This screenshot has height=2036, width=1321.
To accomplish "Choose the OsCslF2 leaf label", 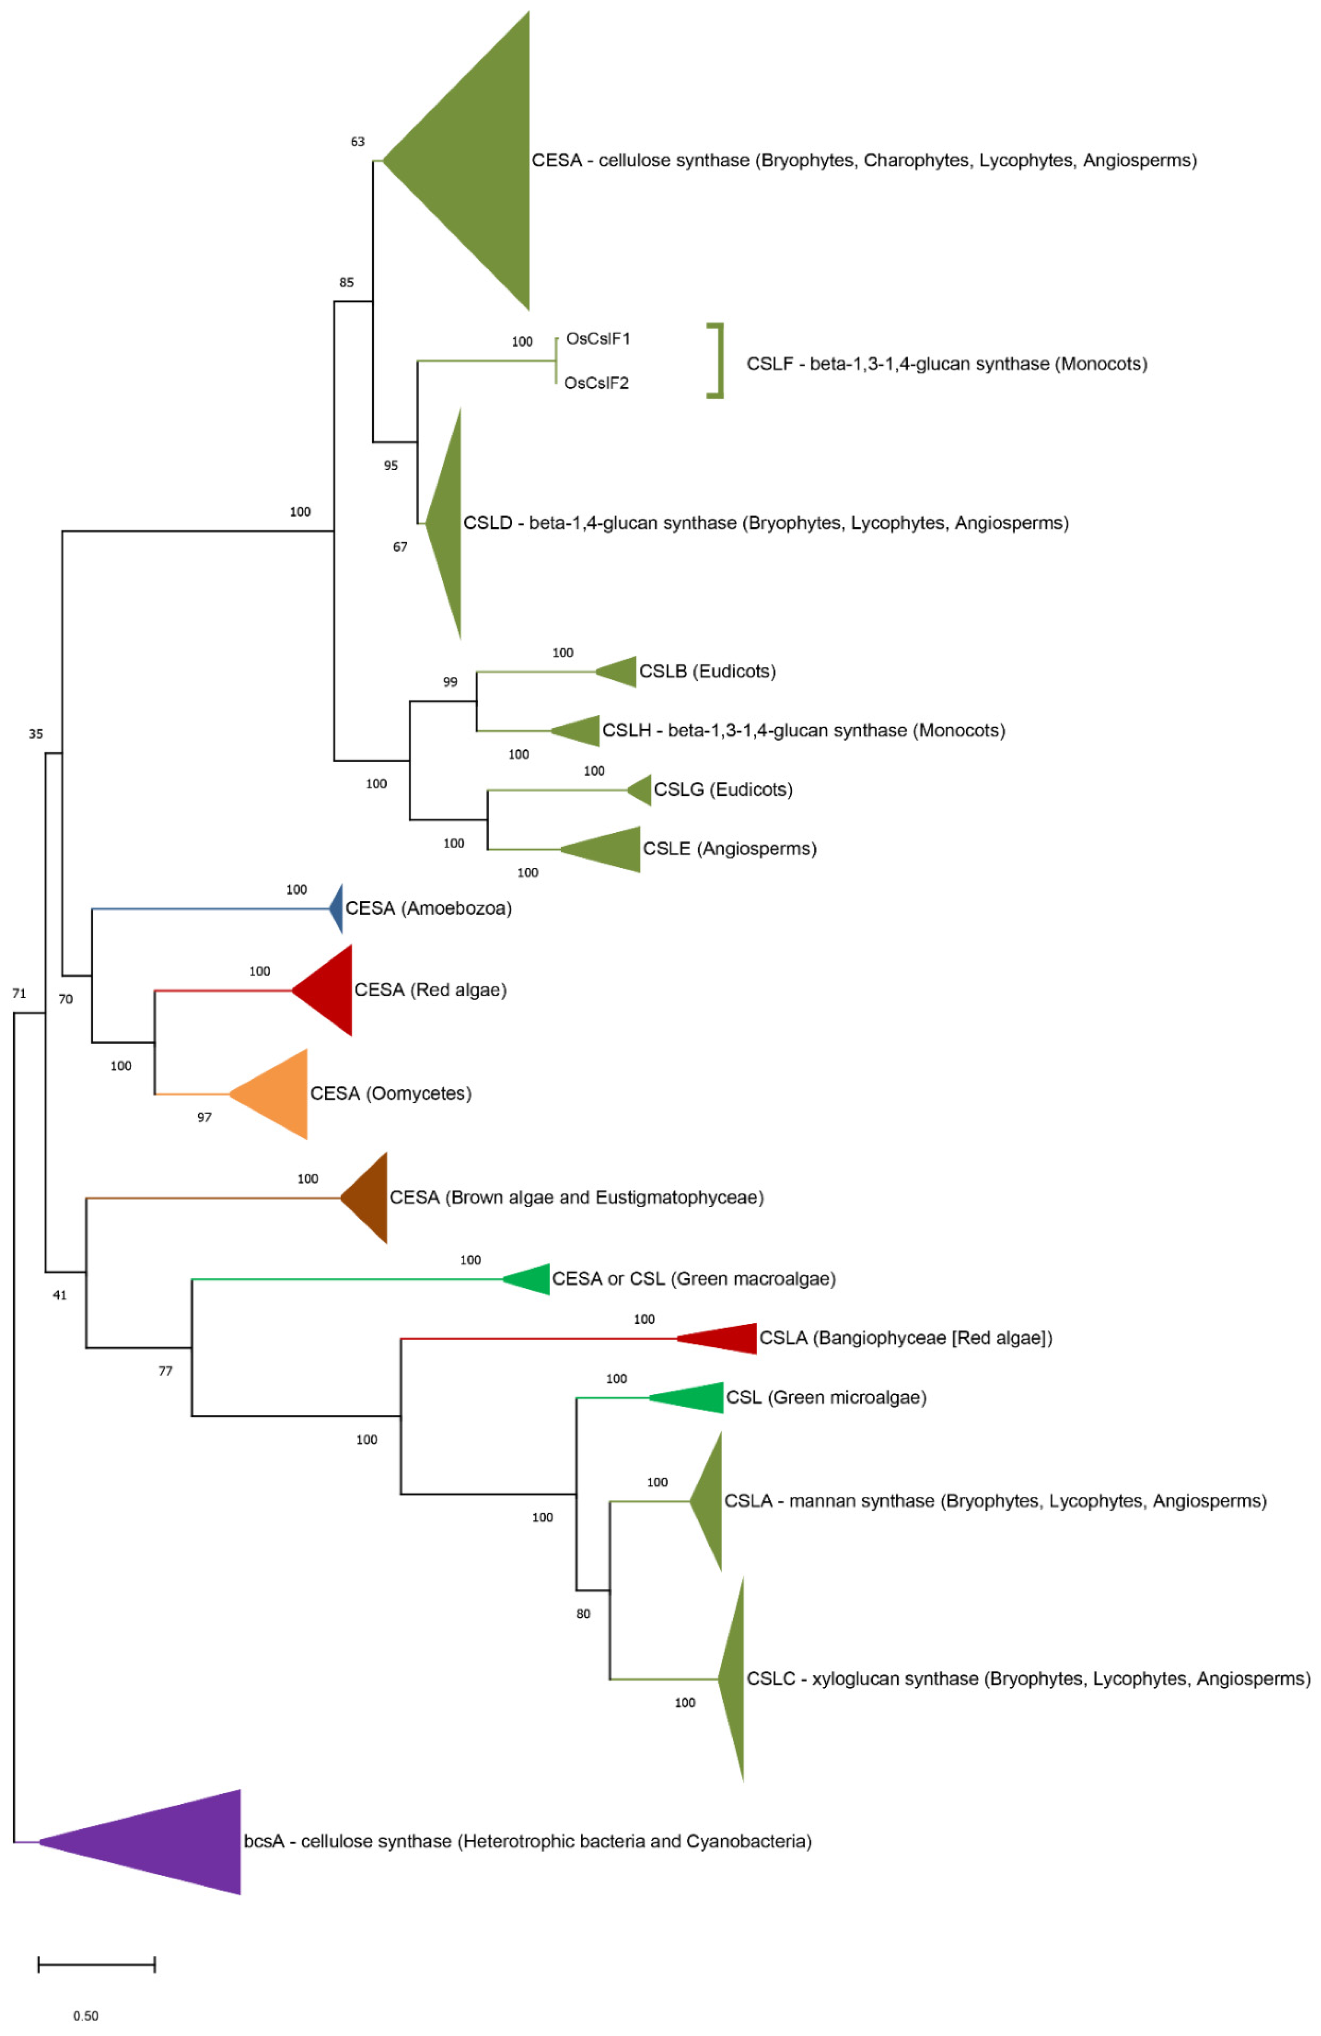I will (596, 383).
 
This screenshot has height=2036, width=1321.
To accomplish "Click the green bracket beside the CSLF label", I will (717, 361).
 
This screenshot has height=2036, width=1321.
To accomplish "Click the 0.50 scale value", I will (86, 2016).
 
